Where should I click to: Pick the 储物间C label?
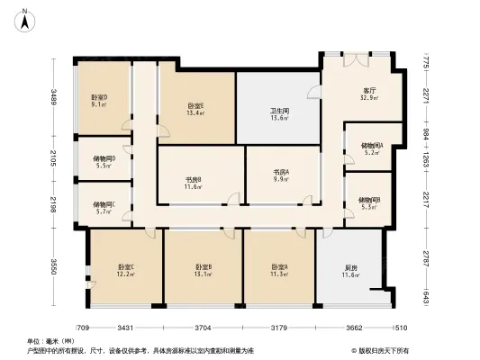[104, 207]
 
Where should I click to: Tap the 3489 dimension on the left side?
[54, 98]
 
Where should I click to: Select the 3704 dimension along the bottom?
[203, 328]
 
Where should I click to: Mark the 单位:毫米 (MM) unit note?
[50, 341]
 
